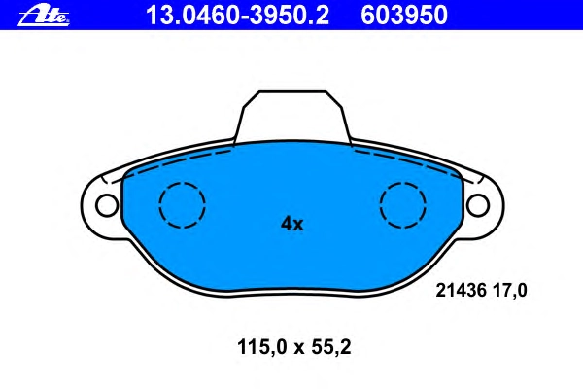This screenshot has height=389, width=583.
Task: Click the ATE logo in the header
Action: (44, 16)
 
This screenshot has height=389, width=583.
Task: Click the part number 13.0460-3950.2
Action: (237, 16)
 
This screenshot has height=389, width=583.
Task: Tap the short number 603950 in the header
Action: (404, 16)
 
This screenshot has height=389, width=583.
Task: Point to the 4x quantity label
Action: (291, 224)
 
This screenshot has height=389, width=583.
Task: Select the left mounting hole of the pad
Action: (107, 205)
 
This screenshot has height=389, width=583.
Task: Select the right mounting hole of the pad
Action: (478, 205)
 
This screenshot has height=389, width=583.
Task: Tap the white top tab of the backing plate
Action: (293, 116)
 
